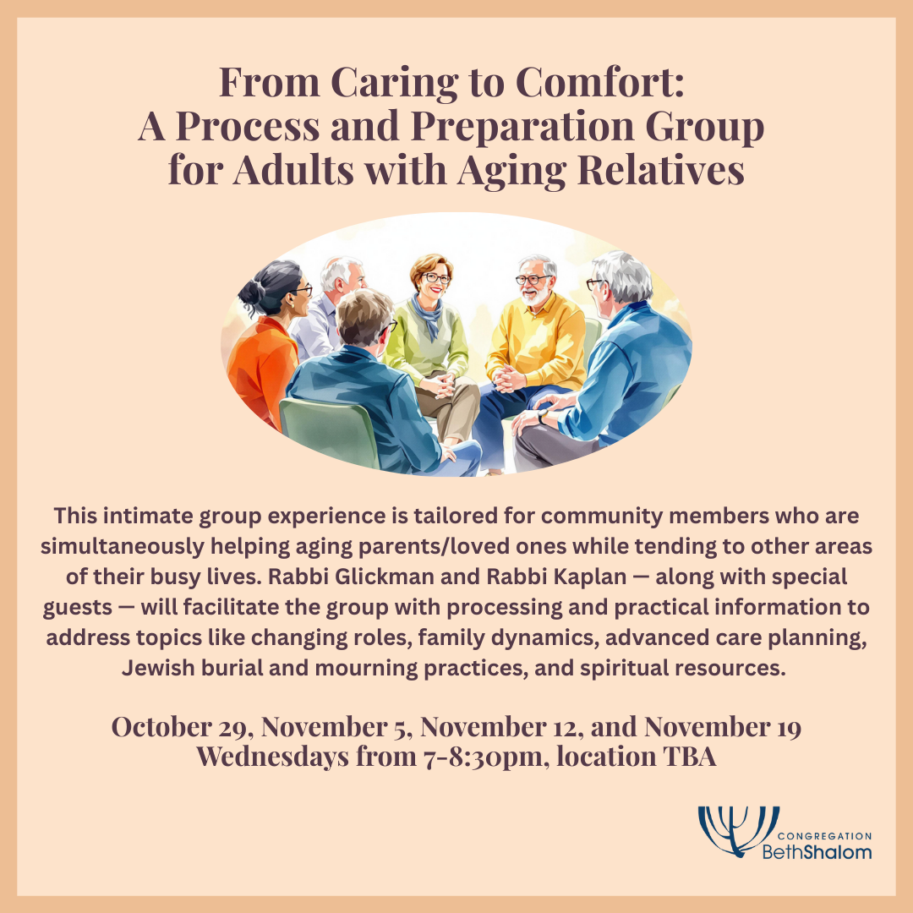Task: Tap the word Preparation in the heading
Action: pos(522,126)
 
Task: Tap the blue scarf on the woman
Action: pos(429,315)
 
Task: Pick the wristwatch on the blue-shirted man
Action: pos(542,416)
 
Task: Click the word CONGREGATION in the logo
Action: pos(824,836)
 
